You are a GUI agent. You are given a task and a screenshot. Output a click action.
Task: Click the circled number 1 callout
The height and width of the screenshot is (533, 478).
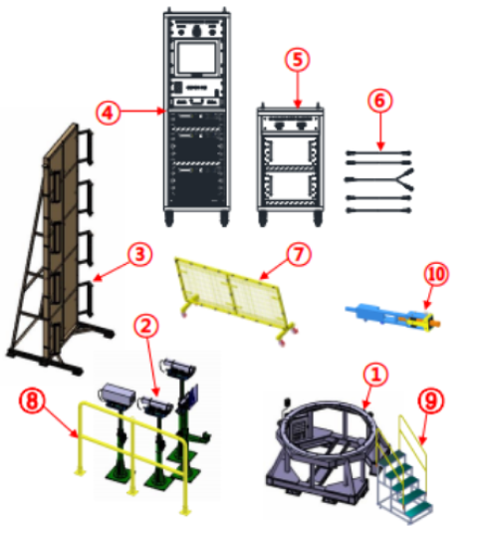coord(375,375)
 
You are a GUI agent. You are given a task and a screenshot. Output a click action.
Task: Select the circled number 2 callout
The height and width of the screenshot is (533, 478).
coord(146,326)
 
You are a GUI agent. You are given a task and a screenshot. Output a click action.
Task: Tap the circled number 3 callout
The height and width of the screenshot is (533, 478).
coord(139,254)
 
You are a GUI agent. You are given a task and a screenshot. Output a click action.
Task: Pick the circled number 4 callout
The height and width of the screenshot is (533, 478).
coord(108,113)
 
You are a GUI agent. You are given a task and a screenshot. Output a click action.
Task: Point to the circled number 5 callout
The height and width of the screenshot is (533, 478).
coord(298,60)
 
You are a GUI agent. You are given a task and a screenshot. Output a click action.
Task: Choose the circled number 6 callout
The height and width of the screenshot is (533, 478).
coord(379,101)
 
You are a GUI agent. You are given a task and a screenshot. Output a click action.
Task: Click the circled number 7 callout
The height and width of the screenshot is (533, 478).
coord(299,254)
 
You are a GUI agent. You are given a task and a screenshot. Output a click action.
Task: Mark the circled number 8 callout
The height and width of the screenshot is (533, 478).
coord(32,400)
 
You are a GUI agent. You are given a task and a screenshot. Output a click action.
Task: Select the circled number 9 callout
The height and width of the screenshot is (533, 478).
coord(430,400)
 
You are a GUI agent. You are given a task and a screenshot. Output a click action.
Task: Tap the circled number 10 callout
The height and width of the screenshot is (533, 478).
coord(437,274)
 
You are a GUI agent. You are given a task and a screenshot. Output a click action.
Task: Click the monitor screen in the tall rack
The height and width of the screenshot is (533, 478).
coord(197,58)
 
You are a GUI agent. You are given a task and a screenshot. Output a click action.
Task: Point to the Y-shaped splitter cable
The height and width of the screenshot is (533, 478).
coord(379,178)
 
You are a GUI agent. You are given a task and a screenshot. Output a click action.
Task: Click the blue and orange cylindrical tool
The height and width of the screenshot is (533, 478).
coord(393,316)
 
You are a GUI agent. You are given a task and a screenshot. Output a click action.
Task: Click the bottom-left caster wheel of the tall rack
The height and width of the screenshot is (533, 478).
coord(169,218)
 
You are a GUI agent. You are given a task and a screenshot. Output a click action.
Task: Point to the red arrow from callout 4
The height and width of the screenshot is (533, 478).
coord(142,111)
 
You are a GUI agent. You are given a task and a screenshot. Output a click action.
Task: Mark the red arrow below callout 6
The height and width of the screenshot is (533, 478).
coord(380,132)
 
